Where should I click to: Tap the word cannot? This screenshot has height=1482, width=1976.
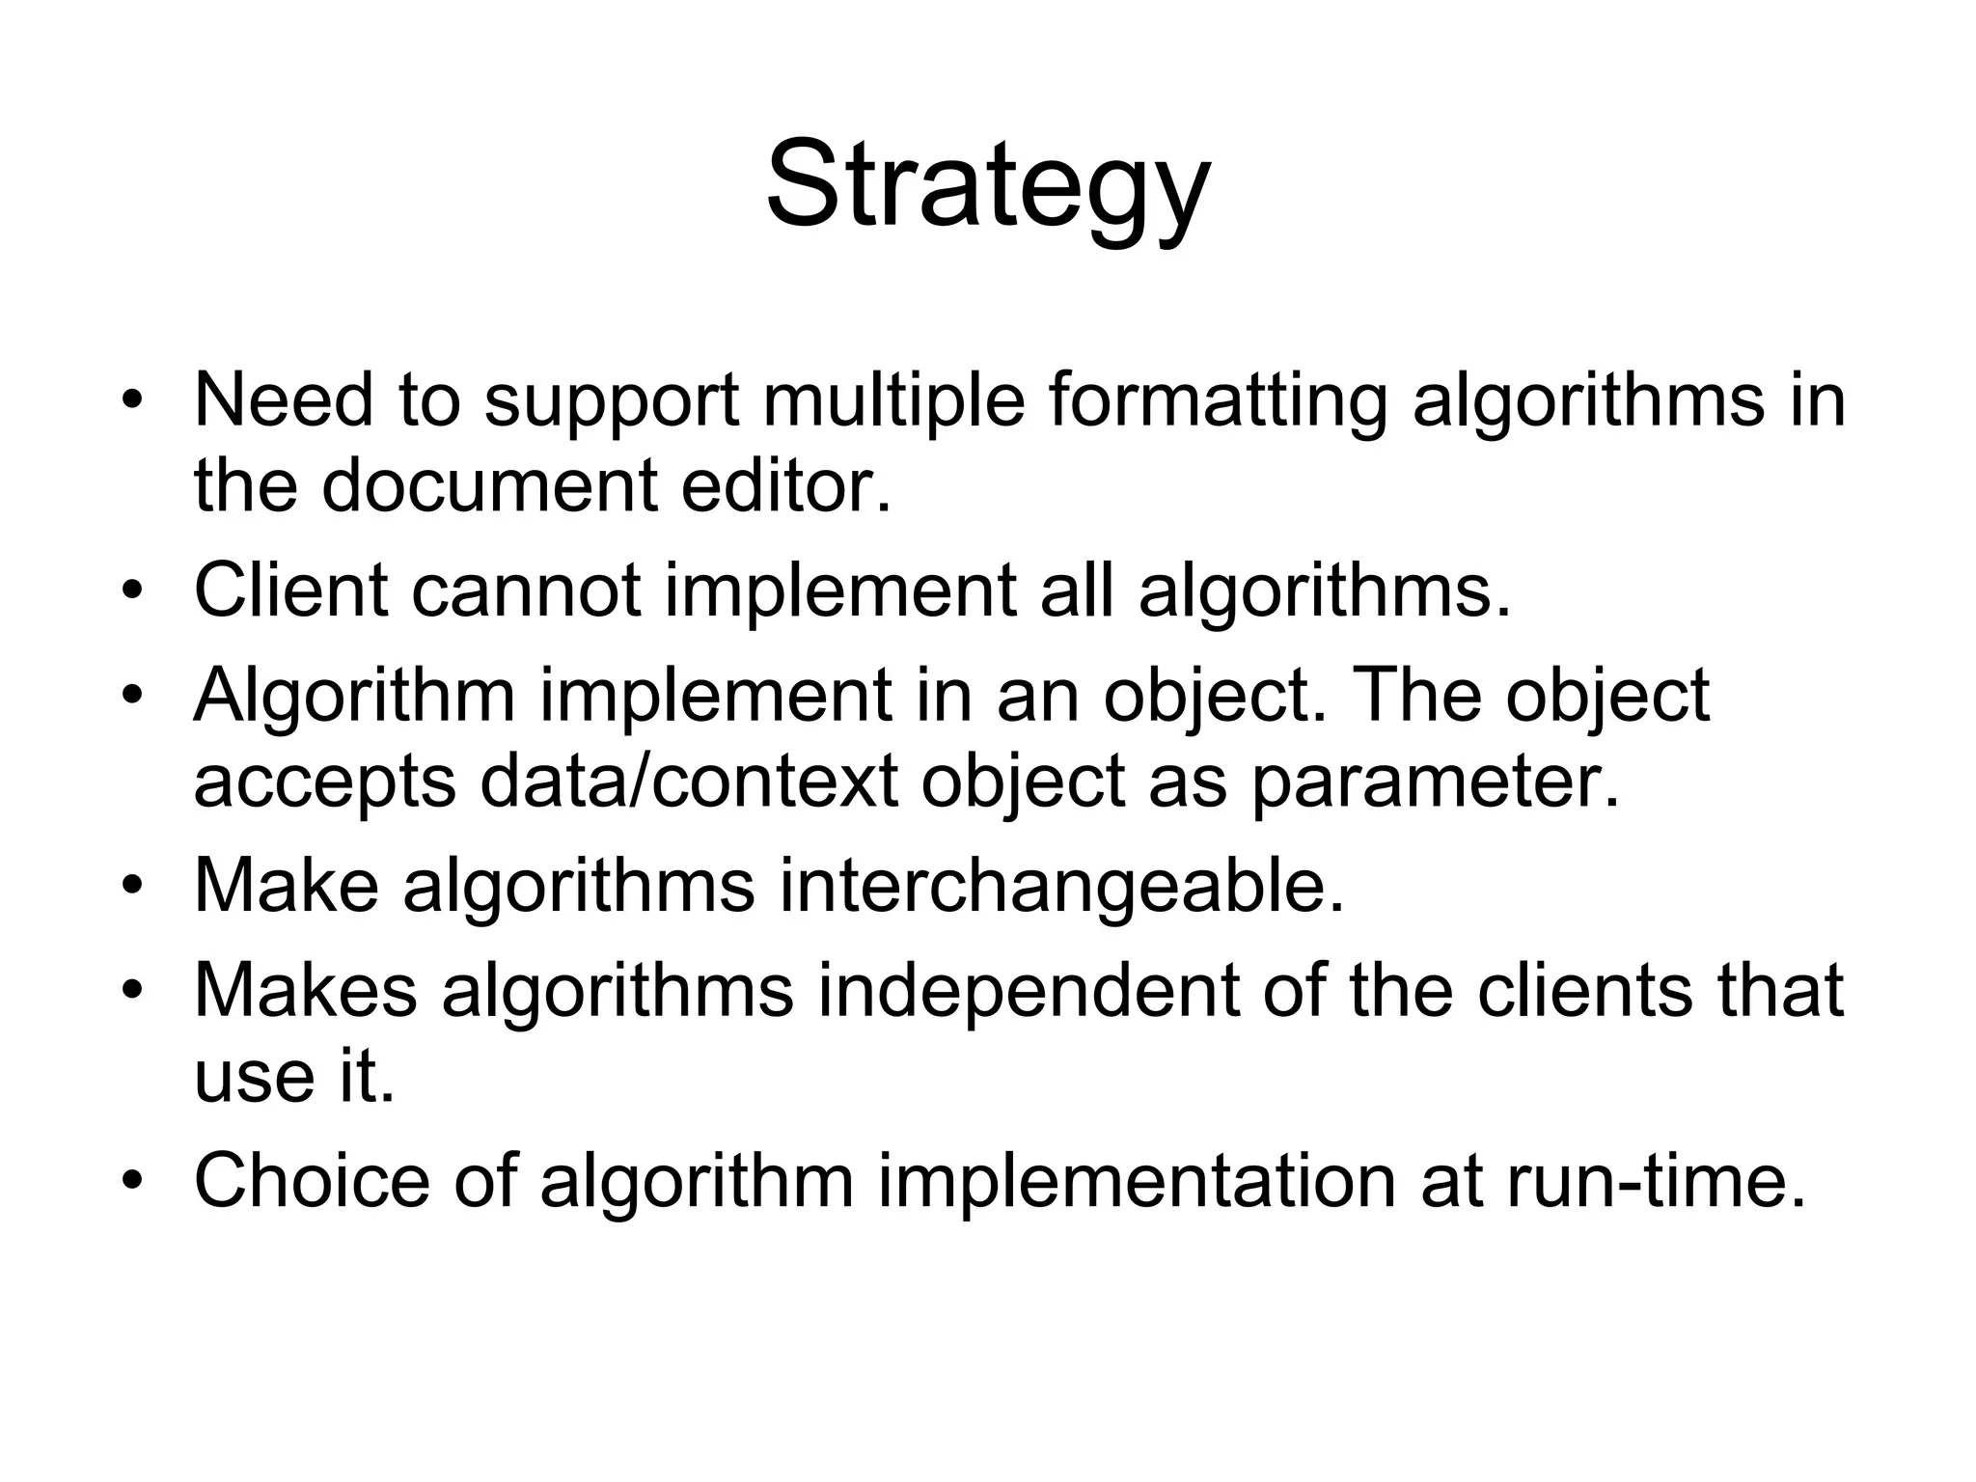point(526,589)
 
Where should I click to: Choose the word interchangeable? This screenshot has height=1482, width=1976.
point(1061,886)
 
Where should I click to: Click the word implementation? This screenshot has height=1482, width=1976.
point(1137,1181)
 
